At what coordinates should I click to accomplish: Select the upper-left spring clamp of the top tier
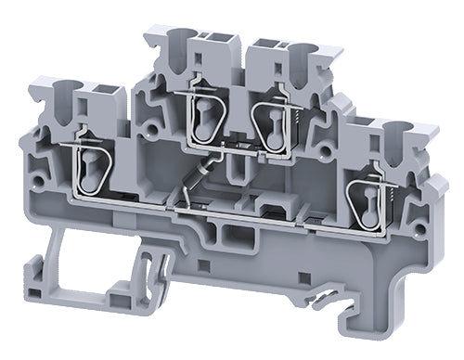tap(200, 116)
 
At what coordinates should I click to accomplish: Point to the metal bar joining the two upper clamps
tap(232, 144)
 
